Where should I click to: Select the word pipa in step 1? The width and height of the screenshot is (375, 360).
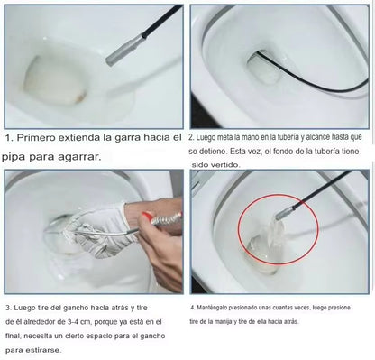[x=20, y=156]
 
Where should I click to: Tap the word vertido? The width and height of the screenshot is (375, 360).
[x=232, y=168]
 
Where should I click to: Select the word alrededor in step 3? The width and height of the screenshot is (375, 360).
[x=42, y=321]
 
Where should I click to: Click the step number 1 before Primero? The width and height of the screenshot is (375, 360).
[x=8, y=138]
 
